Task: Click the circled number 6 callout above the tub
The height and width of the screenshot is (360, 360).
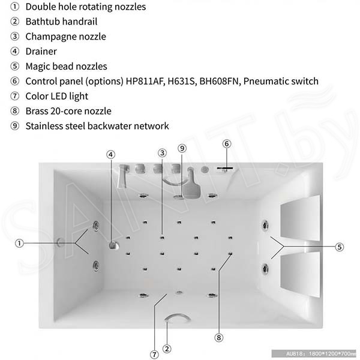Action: click(227, 144)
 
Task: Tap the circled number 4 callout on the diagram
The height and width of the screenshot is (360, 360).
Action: click(110, 155)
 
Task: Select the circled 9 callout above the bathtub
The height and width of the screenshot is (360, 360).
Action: click(182, 148)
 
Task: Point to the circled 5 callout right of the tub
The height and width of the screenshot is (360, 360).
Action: click(340, 247)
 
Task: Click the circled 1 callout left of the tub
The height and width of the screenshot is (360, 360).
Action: click(20, 243)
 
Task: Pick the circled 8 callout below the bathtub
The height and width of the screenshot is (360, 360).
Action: click(219, 337)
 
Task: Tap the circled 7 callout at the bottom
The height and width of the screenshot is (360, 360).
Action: click(154, 354)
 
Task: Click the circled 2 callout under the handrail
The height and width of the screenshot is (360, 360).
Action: click(167, 349)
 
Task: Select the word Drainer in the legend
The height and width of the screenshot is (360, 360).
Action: click(41, 52)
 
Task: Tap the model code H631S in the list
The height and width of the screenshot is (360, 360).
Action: click(182, 81)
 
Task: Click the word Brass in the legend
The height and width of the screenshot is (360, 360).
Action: click(37, 111)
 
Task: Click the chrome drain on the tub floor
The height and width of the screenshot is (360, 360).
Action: click(114, 245)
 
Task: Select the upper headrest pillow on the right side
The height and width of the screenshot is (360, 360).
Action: click(300, 217)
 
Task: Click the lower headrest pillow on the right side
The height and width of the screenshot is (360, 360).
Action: click(300, 274)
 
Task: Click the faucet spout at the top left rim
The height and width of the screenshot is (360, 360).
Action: click(124, 176)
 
